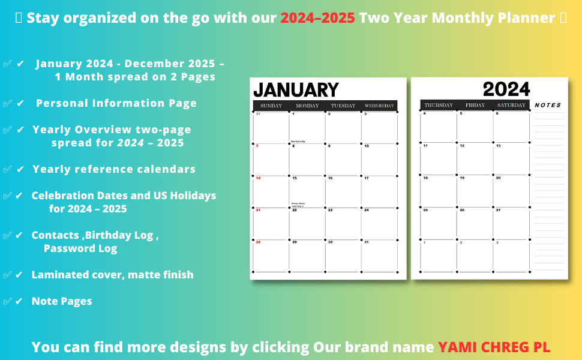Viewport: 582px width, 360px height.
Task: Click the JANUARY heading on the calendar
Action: pyautogui.click(x=296, y=90)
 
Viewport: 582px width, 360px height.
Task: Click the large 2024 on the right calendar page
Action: pyautogui.click(x=506, y=90)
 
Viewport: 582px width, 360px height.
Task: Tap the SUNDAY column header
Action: pyautogui.click(x=271, y=106)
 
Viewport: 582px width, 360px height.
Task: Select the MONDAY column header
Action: pyautogui.click(x=307, y=106)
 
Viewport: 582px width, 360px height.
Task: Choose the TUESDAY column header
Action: pyautogui.click(x=343, y=106)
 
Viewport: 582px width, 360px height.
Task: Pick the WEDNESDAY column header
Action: pyautogui.click(x=379, y=106)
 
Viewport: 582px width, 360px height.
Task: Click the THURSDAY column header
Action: pyautogui.click(x=439, y=106)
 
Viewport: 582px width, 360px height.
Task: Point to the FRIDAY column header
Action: pyautogui.click(x=475, y=106)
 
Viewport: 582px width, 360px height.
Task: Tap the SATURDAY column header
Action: pyautogui.click(x=511, y=106)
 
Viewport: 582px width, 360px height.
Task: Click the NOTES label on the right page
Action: pyautogui.click(x=548, y=105)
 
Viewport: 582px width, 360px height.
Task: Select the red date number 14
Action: pyautogui.click(x=258, y=178)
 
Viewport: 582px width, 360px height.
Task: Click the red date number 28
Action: pyautogui.click(x=258, y=242)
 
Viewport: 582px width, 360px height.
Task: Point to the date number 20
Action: pyautogui.click(x=498, y=178)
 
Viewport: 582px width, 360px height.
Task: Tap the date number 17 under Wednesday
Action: pyautogui.click(x=366, y=178)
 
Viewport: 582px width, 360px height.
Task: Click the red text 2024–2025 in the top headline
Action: pyautogui.click(x=317, y=18)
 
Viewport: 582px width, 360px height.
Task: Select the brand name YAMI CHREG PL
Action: pyautogui.click(x=494, y=347)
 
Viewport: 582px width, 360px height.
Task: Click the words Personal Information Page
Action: pyautogui.click(x=116, y=103)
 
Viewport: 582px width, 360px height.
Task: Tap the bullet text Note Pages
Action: pyautogui.click(x=62, y=301)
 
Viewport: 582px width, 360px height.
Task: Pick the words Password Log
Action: pyautogui.click(x=80, y=248)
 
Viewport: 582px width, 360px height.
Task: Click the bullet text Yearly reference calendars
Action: pyautogui.click(x=114, y=169)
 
